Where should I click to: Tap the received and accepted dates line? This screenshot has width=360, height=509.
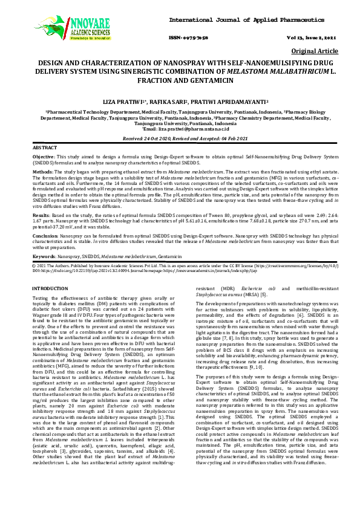pos(179,138)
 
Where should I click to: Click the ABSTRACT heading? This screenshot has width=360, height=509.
pos(45,148)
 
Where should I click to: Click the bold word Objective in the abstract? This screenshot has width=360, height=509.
pos(44,156)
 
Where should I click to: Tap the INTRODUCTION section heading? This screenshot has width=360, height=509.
pos(50,288)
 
